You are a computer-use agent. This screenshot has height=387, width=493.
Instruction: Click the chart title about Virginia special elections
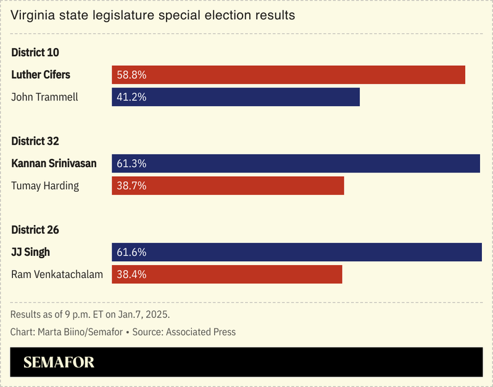pyautogui.click(x=152, y=15)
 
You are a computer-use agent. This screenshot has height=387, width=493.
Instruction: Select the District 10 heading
pyautogui.click(x=35, y=52)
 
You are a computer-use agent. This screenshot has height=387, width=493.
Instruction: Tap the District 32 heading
pyautogui.click(x=35, y=141)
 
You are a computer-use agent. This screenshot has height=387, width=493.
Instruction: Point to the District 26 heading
pyautogui.click(x=35, y=230)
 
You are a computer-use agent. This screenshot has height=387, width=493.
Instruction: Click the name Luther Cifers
pyautogui.click(x=41, y=75)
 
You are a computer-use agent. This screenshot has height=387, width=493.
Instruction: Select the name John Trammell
pyautogui.click(x=44, y=97)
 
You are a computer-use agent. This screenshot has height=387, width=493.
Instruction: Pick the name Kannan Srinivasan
pyautogui.click(x=54, y=163)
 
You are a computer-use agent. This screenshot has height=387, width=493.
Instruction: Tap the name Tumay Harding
pyautogui.click(x=45, y=185)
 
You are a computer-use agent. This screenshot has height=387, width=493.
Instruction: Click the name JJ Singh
pyautogui.click(x=31, y=252)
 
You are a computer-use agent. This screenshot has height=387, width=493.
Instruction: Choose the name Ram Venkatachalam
pyautogui.click(x=57, y=274)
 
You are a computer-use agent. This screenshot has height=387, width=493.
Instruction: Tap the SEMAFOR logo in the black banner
pyautogui.click(x=59, y=362)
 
